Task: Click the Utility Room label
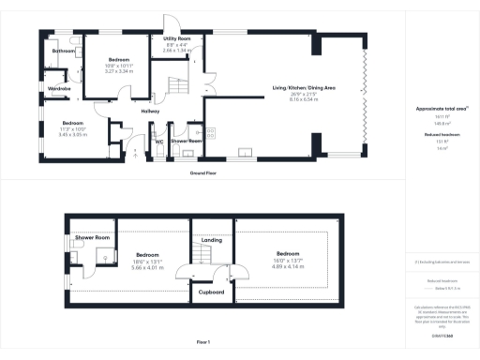coord(176,37)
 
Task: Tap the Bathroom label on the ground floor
coord(64,50)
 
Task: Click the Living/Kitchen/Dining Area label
coord(305,88)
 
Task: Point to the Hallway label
coord(150,111)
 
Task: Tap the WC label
coord(159,142)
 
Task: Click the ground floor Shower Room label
coord(187,142)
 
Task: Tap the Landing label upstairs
coord(212,240)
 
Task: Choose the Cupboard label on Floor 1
coord(212,292)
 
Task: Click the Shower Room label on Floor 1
coord(93,238)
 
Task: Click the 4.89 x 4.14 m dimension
coord(289,267)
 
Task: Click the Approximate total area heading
coord(441,110)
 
